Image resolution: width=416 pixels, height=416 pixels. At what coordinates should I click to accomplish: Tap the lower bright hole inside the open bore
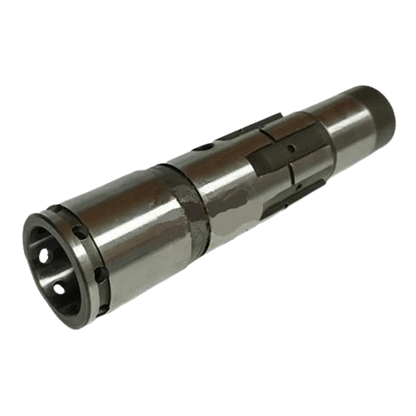pos(59,288)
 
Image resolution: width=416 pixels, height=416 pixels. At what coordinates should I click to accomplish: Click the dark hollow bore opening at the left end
pos(52,266)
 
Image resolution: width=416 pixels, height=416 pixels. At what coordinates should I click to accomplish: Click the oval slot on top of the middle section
pos(203,148)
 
